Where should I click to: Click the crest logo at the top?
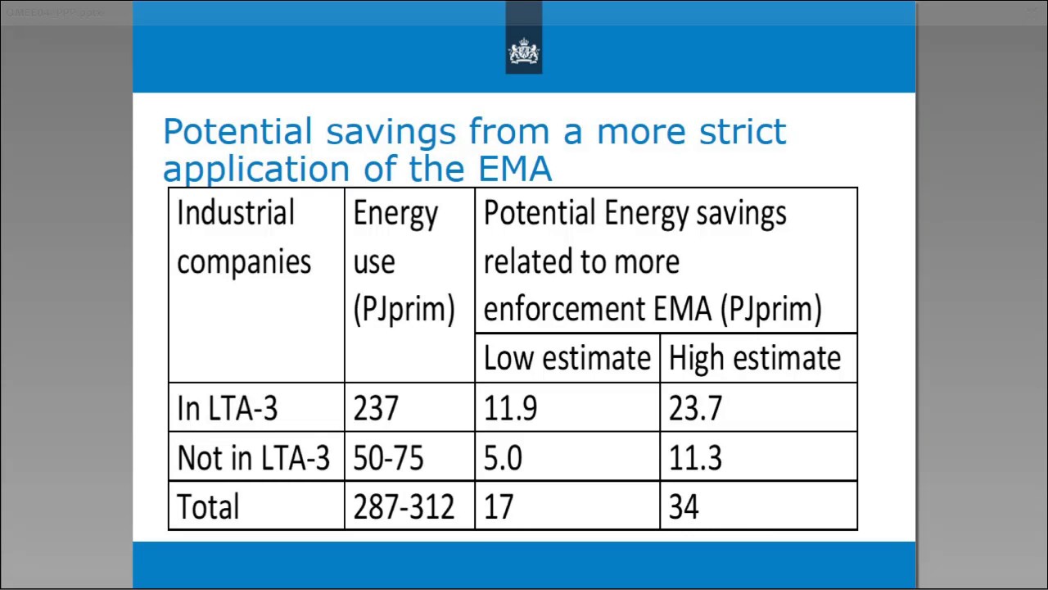(524, 52)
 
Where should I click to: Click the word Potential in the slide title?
(237, 132)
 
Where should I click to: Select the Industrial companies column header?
(244, 238)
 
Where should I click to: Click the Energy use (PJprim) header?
(403, 261)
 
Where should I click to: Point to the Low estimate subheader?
(567, 359)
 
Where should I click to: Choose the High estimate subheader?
(754, 359)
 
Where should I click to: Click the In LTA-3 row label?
(227, 408)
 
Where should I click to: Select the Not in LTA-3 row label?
(253, 457)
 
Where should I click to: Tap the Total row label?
(208, 506)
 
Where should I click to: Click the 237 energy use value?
(376, 408)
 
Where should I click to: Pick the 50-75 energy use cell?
(388, 457)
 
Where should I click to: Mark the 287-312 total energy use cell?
(403, 506)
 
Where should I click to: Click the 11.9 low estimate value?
(510, 408)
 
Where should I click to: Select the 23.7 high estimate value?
(695, 408)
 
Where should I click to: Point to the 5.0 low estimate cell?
(503, 457)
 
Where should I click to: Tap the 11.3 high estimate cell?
(695, 457)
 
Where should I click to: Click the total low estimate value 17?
(499, 506)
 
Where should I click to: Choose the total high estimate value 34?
(684, 506)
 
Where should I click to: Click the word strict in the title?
(742, 132)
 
